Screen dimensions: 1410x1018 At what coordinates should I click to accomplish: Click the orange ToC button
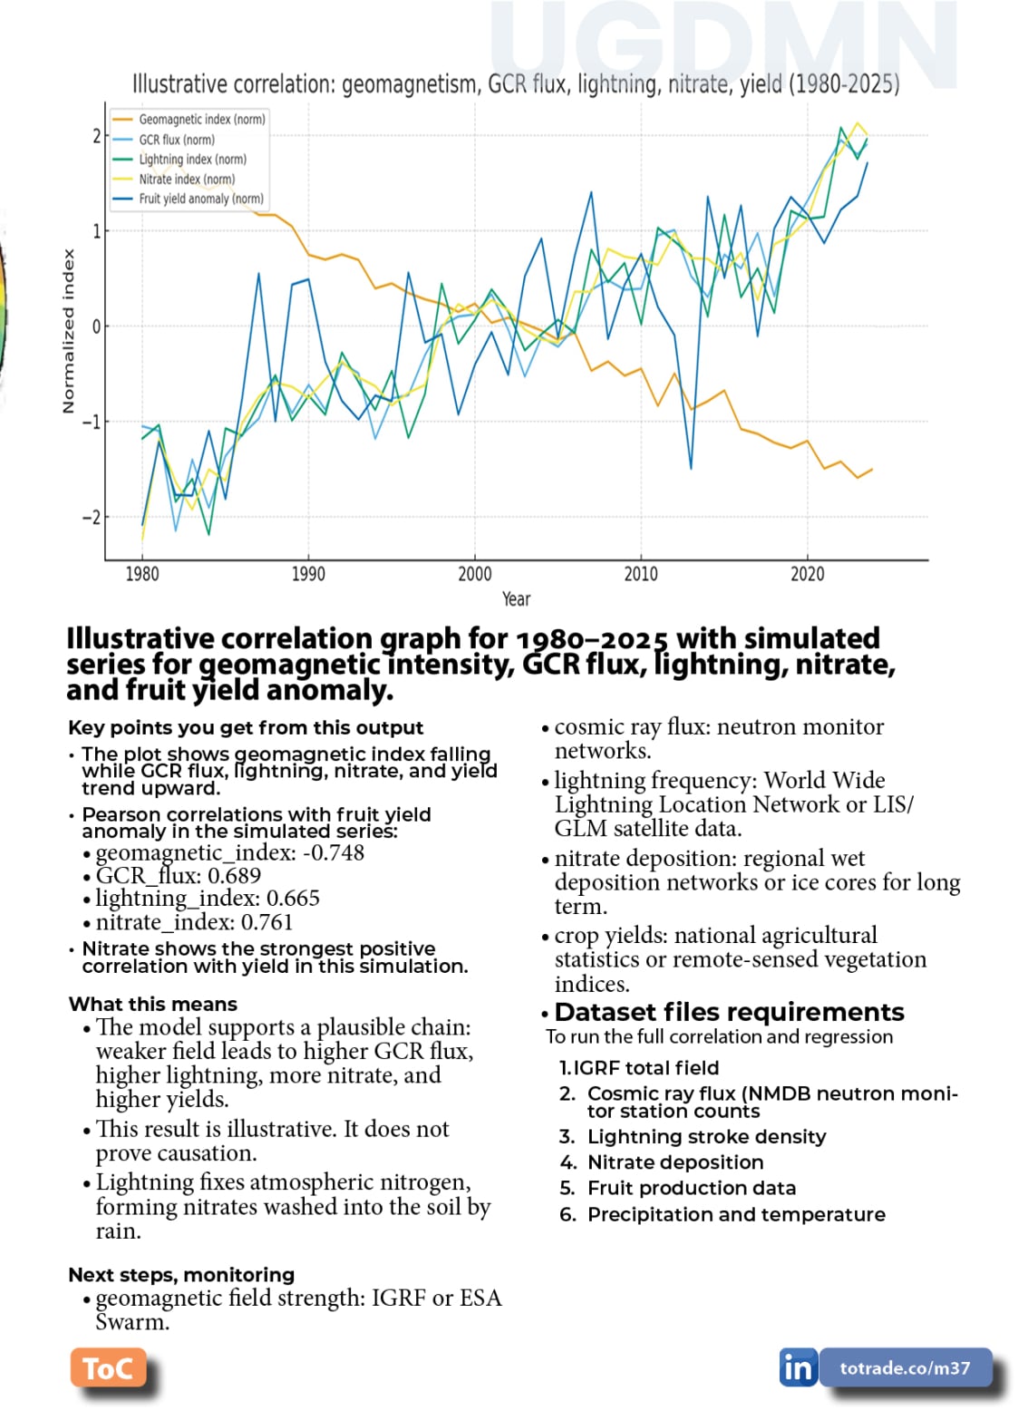coord(108,1368)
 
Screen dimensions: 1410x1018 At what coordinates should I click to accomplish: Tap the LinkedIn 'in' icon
coord(798,1367)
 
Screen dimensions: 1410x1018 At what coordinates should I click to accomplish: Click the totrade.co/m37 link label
coord(905,1367)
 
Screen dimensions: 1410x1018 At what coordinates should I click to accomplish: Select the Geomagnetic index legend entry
coord(201,120)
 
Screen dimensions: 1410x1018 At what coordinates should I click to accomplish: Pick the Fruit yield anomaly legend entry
coord(200,199)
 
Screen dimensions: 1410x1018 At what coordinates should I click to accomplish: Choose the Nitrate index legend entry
coord(186,179)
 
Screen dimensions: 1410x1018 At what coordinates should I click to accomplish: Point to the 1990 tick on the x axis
coord(308,573)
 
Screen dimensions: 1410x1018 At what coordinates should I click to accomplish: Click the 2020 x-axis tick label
coord(807,573)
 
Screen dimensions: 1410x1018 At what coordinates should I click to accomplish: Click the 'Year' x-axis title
coord(516,598)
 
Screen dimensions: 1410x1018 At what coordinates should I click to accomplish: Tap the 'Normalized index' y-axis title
coord(68,332)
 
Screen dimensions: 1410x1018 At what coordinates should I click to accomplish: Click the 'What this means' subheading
coord(153,1004)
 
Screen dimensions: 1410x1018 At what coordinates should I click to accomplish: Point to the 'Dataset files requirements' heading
coord(729,1012)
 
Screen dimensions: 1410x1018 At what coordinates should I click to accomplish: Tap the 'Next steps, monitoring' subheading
coord(181,1274)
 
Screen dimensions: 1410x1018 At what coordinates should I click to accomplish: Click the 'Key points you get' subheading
coord(246,727)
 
